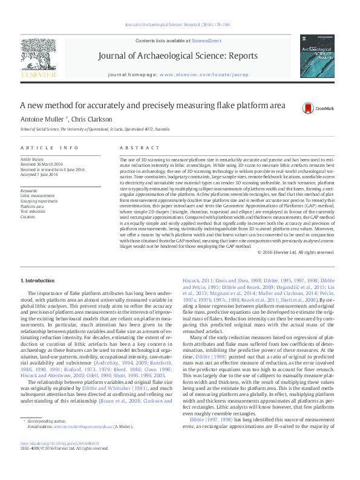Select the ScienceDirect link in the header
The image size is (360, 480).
click(x=206, y=40)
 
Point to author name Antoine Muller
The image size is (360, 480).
click(x=42, y=119)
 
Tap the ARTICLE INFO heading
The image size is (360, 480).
click(x=50, y=148)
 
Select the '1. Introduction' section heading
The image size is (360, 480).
click(x=39, y=281)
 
